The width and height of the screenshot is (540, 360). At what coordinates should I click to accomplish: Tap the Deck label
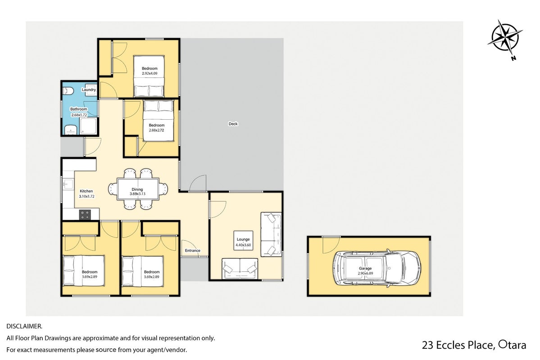233,124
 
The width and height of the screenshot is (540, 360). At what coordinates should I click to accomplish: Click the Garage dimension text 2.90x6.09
365,273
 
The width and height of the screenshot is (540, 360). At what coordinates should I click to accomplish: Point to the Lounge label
243,239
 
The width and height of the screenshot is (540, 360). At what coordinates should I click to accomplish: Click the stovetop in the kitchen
85,215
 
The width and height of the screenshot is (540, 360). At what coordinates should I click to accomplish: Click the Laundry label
89,90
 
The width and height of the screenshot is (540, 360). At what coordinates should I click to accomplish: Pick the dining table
138,189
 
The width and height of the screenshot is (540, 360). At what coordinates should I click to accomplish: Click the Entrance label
192,251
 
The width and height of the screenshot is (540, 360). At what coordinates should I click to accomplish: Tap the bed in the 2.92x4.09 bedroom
149,76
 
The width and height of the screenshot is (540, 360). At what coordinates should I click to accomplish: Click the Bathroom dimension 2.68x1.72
78,115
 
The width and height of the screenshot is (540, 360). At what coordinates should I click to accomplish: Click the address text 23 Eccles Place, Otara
474,345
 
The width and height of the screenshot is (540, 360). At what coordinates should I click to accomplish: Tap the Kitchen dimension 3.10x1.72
86,197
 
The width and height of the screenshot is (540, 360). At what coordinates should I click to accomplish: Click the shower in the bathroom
89,126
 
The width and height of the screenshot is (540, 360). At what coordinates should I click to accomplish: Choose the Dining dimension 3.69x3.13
137,194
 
